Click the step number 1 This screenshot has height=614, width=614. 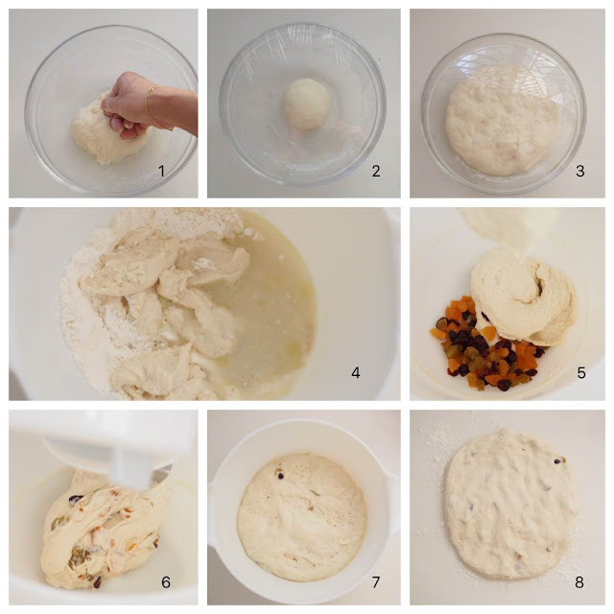(x=161, y=171)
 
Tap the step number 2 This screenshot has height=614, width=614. (x=376, y=171)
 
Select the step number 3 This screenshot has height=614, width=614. (x=580, y=171)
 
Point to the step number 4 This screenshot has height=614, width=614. (x=356, y=373)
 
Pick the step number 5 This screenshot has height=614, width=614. (x=581, y=373)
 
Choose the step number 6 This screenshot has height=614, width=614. (x=166, y=582)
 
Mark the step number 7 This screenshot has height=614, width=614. (x=376, y=582)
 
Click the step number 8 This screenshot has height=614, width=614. (x=579, y=582)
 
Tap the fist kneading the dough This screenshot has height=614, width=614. (x=125, y=104)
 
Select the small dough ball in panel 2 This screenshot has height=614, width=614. (x=307, y=104)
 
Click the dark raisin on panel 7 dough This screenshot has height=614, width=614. (x=280, y=476)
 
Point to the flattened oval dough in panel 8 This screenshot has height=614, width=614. (x=511, y=506)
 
